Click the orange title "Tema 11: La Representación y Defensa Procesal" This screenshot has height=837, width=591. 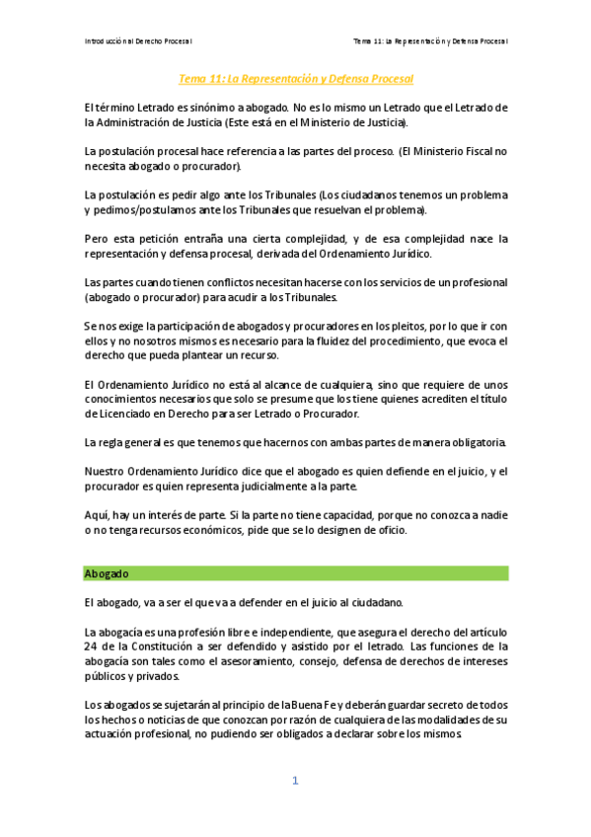pos(295,78)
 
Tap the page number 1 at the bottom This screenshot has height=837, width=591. pos(295,781)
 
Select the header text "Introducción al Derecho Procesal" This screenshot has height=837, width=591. pos(138,40)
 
